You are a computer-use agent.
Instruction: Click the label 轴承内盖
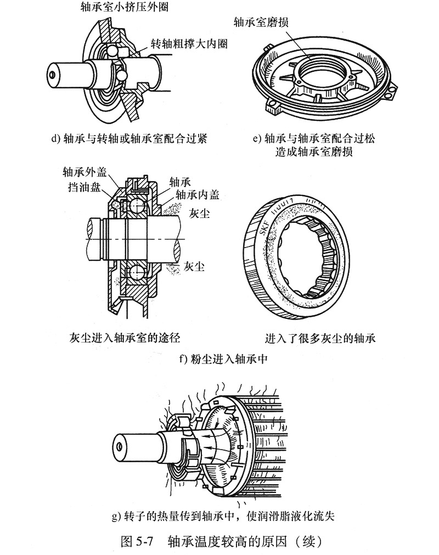click(x=196, y=194)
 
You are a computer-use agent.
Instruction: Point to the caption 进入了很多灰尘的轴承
click(x=320, y=337)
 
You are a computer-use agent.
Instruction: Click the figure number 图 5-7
click(x=135, y=541)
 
